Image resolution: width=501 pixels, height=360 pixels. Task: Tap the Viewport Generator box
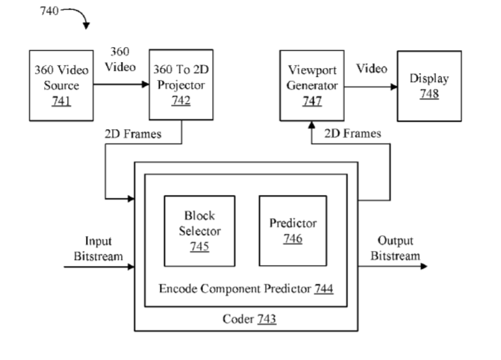pyautogui.click(x=313, y=85)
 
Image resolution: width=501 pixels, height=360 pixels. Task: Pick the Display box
pyautogui.click(x=429, y=85)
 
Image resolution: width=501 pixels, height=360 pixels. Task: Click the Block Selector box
pyautogui.click(x=199, y=230)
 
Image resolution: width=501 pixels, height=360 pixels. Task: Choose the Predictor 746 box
pyautogui.click(x=291, y=230)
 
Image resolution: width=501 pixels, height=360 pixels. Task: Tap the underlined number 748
pyautogui.click(x=429, y=93)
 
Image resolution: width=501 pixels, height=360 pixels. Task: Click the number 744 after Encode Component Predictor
pyautogui.click(x=323, y=288)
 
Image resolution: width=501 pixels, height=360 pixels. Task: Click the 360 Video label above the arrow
pyautogui.click(x=122, y=59)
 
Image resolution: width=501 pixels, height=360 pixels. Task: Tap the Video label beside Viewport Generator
pyautogui.click(x=372, y=69)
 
